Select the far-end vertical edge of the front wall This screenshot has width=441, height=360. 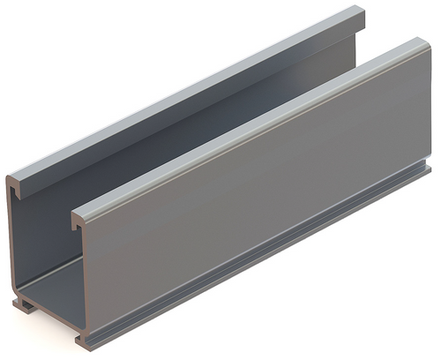click(430, 106)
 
